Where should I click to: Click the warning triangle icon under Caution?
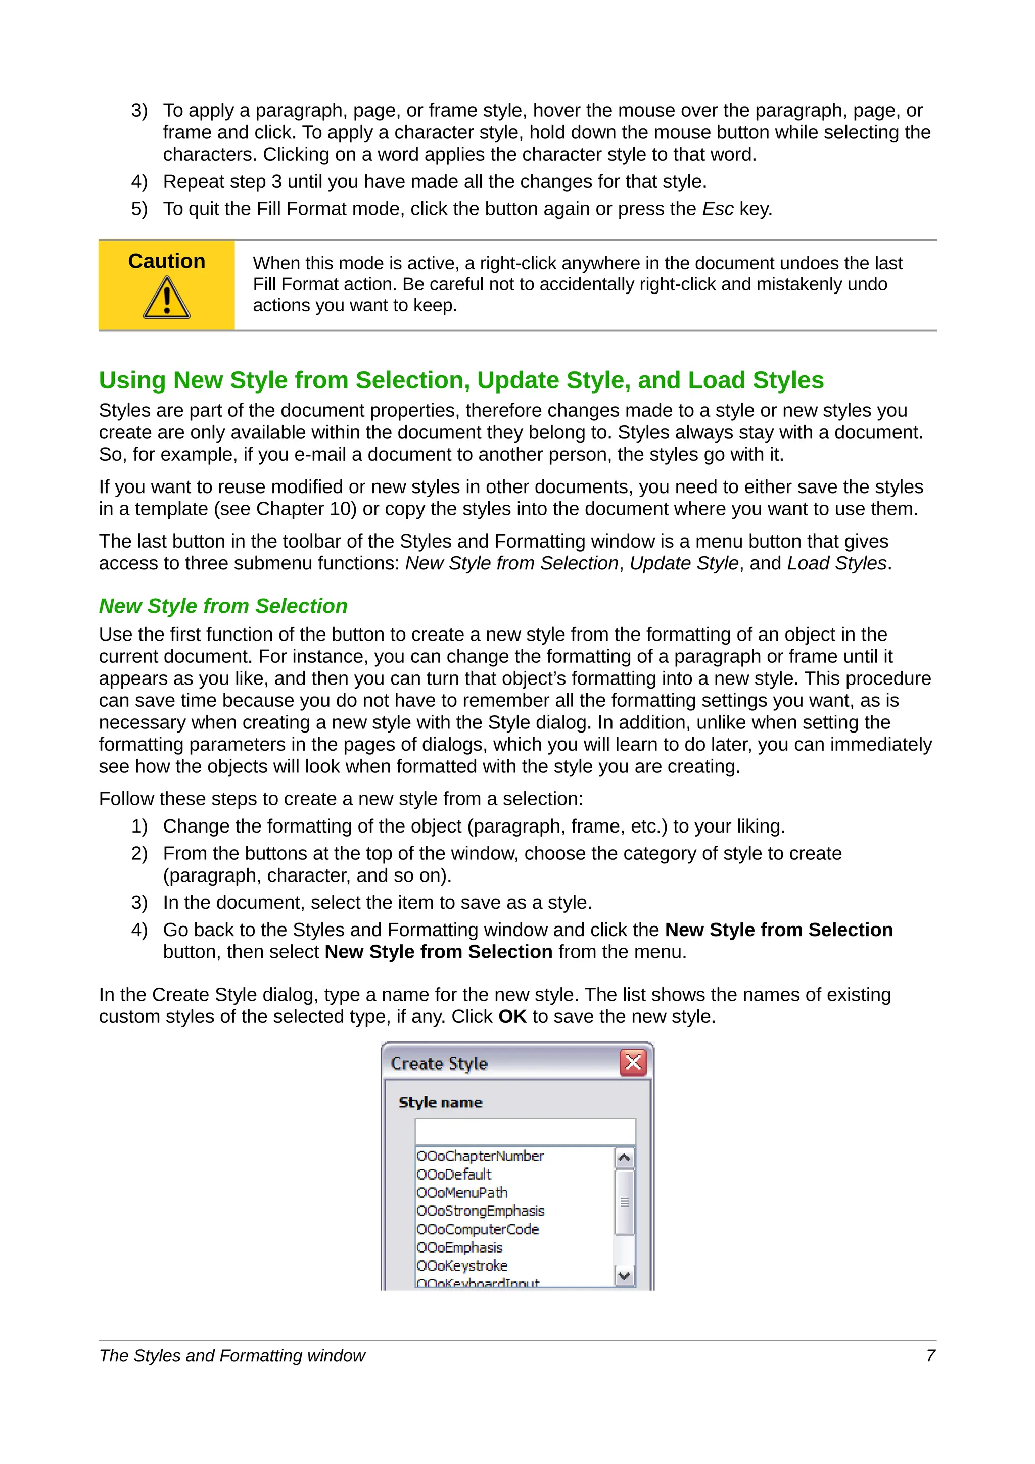tap(166, 298)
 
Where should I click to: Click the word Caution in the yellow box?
tap(166, 262)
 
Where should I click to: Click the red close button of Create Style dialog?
tap(633, 1063)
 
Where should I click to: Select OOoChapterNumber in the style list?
tap(480, 1156)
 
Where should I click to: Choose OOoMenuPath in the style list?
tap(462, 1192)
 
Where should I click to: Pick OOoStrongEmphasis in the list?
tap(480, 1211)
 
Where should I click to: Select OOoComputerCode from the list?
tap(477, 1230)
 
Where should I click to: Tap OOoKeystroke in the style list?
tap(462, 1265)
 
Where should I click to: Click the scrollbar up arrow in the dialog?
tap(624, 1158)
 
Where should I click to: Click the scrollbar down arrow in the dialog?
tap(624, 1276)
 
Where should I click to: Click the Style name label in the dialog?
tap(440, 1102)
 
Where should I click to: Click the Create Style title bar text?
tap(439, 1063)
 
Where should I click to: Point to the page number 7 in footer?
tap(930, 1355)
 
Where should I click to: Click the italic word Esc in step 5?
tap(718, 209)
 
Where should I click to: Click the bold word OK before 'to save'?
tap(512, 1016)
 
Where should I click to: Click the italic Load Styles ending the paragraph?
tap(837, 563)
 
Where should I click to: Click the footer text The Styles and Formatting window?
tap(232, 1355)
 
